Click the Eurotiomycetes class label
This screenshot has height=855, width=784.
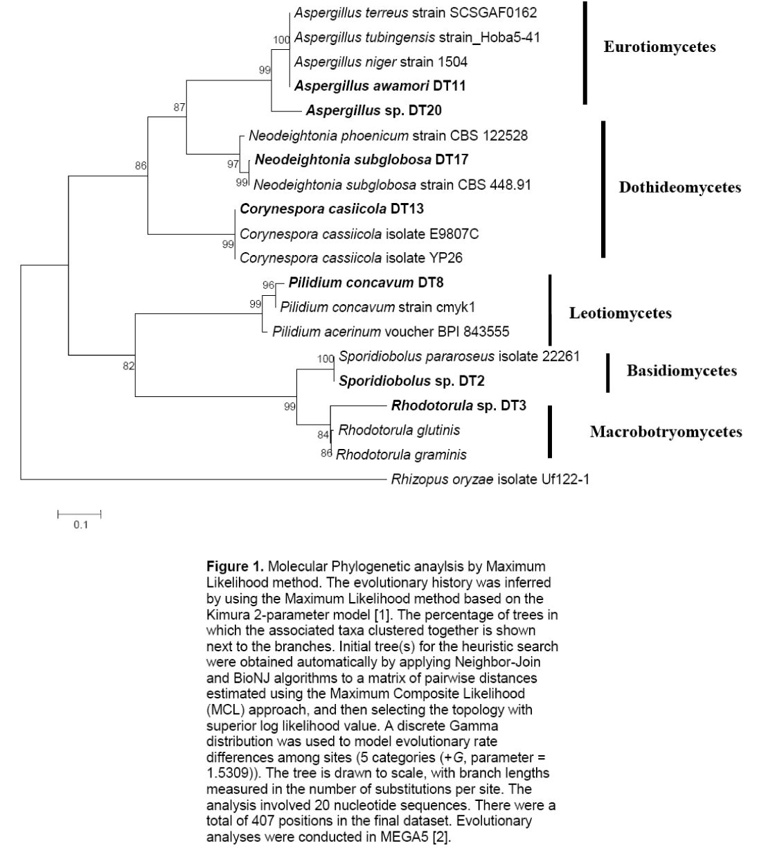(x=659, y=47)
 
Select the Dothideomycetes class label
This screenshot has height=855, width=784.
(x=679, y=188)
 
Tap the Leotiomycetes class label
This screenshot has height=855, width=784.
(x=620, y=313)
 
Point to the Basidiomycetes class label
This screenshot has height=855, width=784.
(x=681, y=371)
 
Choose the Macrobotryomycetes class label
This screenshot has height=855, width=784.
(x=666, y=432)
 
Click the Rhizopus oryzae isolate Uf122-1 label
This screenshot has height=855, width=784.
(x=490, y=479)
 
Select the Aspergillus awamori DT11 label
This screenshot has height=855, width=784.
(x=380, y=86)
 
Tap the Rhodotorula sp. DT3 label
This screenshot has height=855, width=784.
(x=458, y=405)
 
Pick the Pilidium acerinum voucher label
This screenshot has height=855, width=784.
(x=391, y=332)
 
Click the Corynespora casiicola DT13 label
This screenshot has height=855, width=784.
(x=332, y=209)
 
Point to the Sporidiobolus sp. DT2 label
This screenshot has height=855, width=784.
(x=411, y=380)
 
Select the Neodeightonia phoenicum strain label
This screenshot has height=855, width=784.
(x=388, y=136)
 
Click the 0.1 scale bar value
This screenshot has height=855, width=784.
(x=81, y=525)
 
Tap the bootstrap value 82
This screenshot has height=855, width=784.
(x=129, y=366)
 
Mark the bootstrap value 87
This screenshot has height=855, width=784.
(x=180, y=107)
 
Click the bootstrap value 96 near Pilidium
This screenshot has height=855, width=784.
(x=268, y=284)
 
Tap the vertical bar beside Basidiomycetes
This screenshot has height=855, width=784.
(x=608, y=373)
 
